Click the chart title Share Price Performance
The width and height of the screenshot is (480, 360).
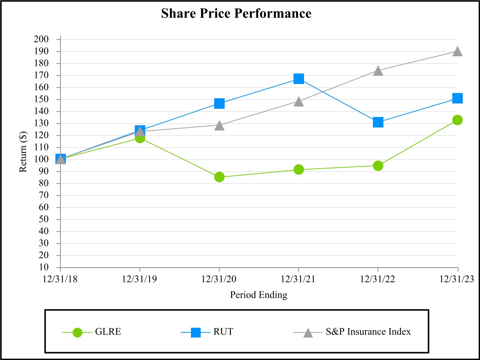(x=236, y=13)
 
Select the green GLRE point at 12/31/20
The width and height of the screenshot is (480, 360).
(x=219, y=177)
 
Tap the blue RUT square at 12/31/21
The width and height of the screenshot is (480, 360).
(x=299, y=79)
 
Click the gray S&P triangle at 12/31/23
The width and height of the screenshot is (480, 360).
(x=457, y=52)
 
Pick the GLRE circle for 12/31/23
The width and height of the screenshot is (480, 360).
(x=457, y=120)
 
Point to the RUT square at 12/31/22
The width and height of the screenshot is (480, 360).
(x=378, y=122)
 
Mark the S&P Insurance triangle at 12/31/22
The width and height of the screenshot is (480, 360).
(x=378, y=71)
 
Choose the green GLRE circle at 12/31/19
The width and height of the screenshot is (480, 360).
(x=140, y=138)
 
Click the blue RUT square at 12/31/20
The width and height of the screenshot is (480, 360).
(x=219, y=103)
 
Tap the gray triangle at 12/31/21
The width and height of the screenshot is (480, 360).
(x=299, y=102)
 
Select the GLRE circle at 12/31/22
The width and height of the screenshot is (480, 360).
(x=378, y=165)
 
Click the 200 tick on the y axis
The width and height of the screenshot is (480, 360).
(x=41, y=39)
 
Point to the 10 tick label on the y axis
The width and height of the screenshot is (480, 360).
(x=44, y=267)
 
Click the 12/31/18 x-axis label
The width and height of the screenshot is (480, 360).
(x=60, y=279)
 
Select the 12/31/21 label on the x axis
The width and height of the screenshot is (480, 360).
(x=298, y=279)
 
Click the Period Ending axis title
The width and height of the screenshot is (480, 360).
(x=259, y=295)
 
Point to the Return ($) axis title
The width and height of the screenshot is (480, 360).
(x=23, y=152)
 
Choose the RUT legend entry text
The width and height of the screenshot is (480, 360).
(x=223, y=332)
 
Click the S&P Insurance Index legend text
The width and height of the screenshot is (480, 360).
(x=368, y=332)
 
